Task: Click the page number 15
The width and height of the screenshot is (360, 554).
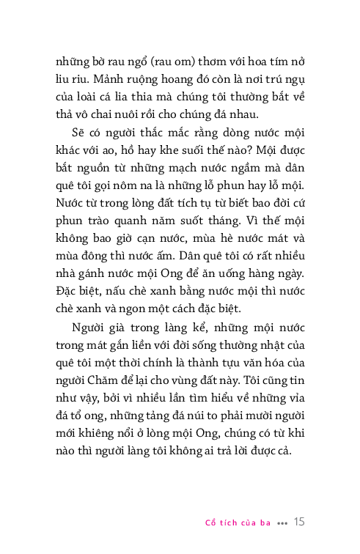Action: (298, 522)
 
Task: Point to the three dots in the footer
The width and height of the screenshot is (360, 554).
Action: (283, 523)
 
